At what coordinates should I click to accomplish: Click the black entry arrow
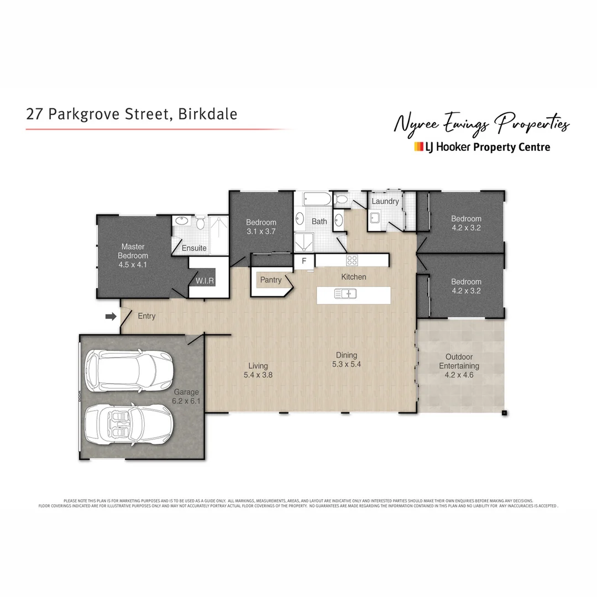pos(111,316)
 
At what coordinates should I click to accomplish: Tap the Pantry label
pos(271,280)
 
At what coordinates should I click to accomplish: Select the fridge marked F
pos(303,261)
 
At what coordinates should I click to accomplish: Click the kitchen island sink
pos(345,294)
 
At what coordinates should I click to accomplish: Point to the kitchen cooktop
pos(352,260)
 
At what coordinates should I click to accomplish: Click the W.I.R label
pos(201,281)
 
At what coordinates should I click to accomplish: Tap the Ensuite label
pos(194,248)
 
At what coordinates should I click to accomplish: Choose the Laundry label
pos(385,201)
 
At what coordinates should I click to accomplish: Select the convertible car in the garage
pos(129,423)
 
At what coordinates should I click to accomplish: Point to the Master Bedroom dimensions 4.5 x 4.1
pos(133,265)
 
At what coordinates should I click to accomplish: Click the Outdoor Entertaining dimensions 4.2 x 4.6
pos(459,375)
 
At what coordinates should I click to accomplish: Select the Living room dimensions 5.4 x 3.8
pos(258,375)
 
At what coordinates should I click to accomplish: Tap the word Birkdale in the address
pos(208,114)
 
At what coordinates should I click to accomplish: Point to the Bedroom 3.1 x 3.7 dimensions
pos(261,232)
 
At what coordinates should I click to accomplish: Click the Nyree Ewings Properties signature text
pos(480,124)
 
